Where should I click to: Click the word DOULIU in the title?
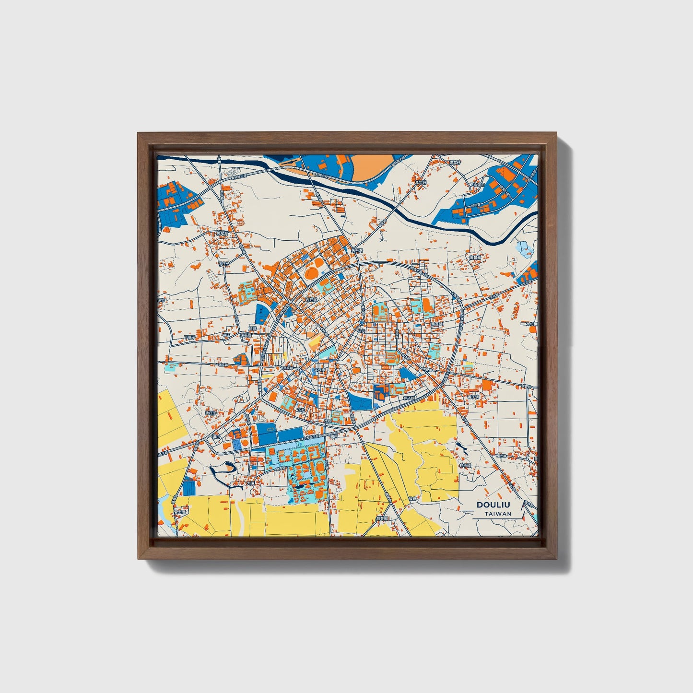click(x=493, y=505)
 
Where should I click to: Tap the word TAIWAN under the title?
click(x=497, y=514)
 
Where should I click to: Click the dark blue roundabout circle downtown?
click(x=362, y=323)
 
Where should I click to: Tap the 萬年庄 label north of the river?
click(x=421, y=182)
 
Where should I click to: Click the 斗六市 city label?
click(x=319, y=370)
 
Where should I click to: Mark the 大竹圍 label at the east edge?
click(x=531, y=324)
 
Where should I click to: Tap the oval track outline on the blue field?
click(x=270, y=429)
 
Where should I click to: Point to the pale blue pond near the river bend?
click(x=524, y=248)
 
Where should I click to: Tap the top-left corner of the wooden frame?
click(x=139, y=134)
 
